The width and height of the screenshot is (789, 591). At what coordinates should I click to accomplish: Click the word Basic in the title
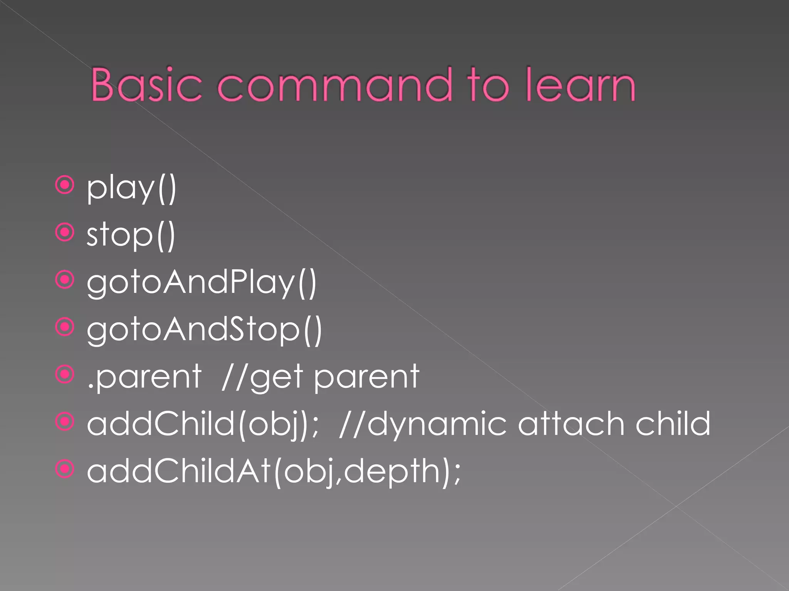pyautogui.click(x=146, y=85)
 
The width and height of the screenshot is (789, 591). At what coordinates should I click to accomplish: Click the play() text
pyautogui.click(x=131, y=189)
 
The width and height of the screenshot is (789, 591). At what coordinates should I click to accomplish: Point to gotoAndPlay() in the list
pyautogui.click(x=201, y=283)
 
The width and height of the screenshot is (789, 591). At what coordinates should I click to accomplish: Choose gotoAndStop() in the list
pyautogui.click(x=204, y=330)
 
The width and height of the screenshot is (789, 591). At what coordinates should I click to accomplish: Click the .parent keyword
pyautogui.click(x=144, y=377)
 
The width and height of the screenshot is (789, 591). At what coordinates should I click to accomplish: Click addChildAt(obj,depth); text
pyautogui.click(x=274, y=471)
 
